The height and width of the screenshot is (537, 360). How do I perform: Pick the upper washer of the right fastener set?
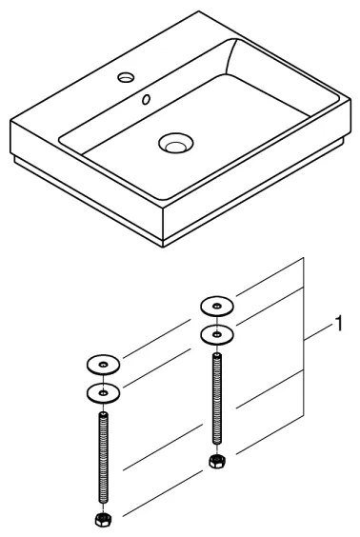(x=215, y=306)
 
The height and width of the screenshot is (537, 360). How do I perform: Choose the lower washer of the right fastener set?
(x=215, y=334)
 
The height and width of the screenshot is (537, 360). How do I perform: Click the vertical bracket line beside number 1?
(x=304, y=343)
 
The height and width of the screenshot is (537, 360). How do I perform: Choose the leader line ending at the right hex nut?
(x=267, y=434)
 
